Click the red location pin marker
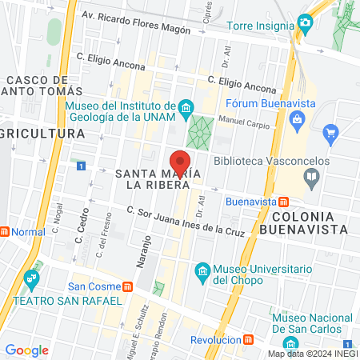click(x=180, y=160)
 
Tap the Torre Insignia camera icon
click(x=304, y=22)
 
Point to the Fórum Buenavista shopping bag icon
click(x=297, y=120)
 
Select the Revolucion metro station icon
click(x=249, y=340)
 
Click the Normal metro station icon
click(x=5, y=232)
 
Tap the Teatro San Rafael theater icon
click(x=31, y=282)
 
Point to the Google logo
click(x=26, y=350)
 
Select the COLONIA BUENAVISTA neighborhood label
click(x=309, y=222)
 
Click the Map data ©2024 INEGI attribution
click(x=311, y=353)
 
